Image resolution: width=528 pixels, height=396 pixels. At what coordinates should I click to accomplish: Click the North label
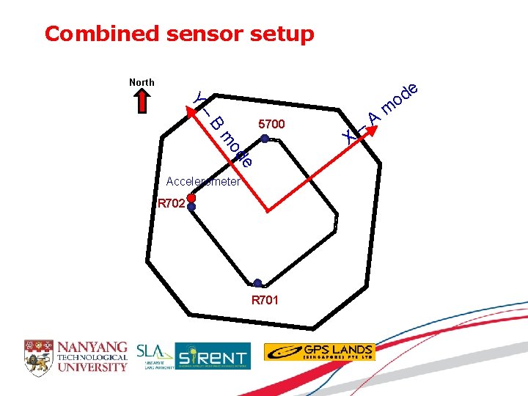tap(142, 82)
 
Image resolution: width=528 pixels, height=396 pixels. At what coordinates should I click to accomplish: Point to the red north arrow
tap(142, 102)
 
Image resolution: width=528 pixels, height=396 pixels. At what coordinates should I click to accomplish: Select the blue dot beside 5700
tap(265, 138)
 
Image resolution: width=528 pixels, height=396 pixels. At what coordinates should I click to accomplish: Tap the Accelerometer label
tap(203, 181)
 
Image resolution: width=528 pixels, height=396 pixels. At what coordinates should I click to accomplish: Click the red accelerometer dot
tap(191, 198)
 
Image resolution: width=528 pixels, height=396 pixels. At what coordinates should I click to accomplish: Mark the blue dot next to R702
tap(191, 208)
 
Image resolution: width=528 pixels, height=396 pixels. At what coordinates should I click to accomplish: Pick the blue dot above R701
tap(257, 283)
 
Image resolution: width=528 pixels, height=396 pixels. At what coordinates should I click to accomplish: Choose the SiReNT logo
tap(213, 356)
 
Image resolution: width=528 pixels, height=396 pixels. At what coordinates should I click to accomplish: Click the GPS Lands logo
tap(319, 352)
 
